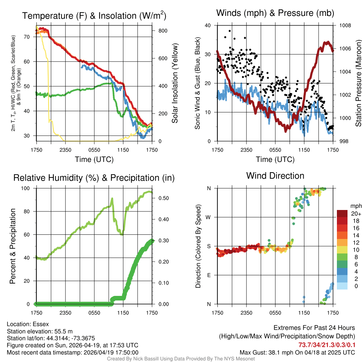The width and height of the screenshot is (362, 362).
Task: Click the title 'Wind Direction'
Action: (275, 176)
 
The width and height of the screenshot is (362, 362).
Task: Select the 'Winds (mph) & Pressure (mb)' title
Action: (275, 13)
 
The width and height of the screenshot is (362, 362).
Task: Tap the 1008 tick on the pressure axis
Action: (345, 25)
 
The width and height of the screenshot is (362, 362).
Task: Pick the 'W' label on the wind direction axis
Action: (209, 217)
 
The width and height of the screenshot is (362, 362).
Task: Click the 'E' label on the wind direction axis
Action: (209, 275)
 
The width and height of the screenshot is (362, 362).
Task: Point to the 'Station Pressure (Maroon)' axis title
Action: (358, 83)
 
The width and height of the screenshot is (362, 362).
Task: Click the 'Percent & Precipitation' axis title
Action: (12, 246)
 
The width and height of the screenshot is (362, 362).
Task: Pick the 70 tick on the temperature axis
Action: (28, 37)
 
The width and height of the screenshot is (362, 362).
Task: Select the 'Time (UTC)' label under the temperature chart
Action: (94, 159)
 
